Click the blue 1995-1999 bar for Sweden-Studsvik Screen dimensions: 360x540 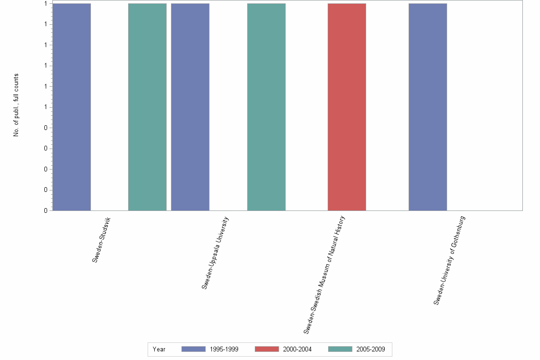(x=71, y=107)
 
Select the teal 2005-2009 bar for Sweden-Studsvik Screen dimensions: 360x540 (x=147, y=107)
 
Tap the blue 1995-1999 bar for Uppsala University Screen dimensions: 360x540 (x=190, y=107)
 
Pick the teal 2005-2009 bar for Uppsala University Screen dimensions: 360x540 (x=266, y=107)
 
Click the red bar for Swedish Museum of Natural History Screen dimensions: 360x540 (x=347, y=107)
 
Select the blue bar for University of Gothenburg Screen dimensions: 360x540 (x=428, y=107)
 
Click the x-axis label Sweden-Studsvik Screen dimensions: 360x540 (x=101, y=240)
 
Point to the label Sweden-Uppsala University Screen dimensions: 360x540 (x=215, y=253)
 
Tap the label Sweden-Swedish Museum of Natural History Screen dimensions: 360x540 (x=324, y=275)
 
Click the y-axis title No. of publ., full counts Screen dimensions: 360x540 (x=16, y=105)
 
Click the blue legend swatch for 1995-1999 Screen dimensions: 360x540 (x=193, y=349)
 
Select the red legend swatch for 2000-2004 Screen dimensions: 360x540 (x=267, y=349)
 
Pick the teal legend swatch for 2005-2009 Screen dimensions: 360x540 (x=340, y=349)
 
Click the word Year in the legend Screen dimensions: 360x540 (x=159, y=350)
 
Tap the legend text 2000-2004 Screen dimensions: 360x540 (x=297, y=350)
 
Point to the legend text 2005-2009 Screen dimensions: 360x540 (x=370, y=350)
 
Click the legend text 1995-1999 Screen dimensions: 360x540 (x=224, y=350)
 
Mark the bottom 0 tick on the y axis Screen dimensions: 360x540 (x=46, y=210)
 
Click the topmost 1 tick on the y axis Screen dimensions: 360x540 (x=46, y=4)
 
